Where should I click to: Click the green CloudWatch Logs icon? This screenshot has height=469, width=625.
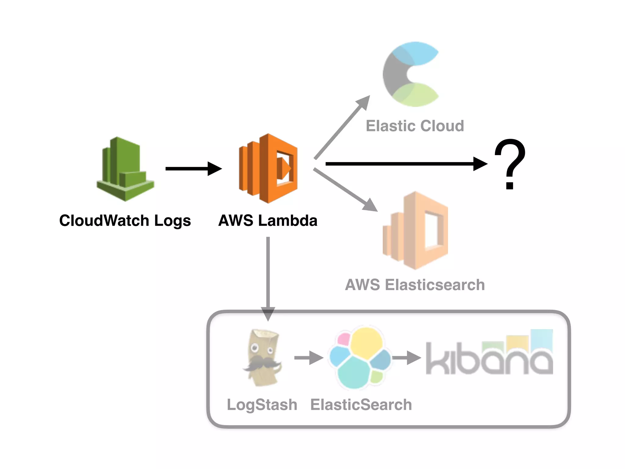pos(125,169)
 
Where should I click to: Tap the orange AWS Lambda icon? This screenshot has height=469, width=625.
pos(268,169)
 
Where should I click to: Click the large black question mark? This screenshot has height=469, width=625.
pos(510,163)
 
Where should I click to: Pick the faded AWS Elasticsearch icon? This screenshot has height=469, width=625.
pos(415,231)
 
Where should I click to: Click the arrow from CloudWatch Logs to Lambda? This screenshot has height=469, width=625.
pos(193,169)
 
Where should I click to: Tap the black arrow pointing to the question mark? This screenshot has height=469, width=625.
pos(406,164)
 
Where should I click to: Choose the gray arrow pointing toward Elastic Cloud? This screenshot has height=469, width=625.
pos(342,127)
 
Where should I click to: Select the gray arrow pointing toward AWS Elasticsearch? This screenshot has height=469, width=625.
pos(345,189)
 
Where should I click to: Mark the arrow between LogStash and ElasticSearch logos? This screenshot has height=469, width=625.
pos(309,358)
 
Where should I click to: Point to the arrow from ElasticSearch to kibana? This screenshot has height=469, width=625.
pos(406,358)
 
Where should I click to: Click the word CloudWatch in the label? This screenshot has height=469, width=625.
pos(104,220)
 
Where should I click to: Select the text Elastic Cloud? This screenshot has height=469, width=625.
pos(415,126)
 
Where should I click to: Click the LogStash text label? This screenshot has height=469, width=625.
pos(262,405)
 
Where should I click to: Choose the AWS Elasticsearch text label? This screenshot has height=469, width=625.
pos(415,285)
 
